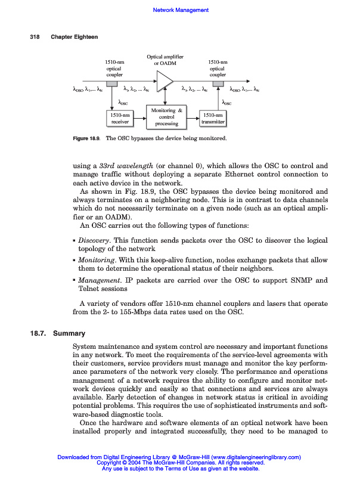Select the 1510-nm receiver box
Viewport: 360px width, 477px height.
click(x=121, y=118)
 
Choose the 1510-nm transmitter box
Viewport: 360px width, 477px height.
click(x=213, y=118)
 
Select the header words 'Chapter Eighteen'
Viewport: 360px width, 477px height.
click(x=75, y=37)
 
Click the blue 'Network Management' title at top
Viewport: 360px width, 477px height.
click(x=181, y=10)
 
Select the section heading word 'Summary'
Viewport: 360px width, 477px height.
click(x=69, y=333)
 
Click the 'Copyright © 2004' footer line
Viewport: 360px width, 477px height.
click(x=180, y=463)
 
